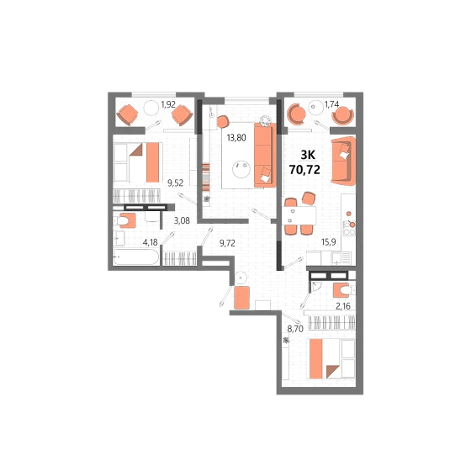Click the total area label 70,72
pos(304,170)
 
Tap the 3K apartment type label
pos(308,155)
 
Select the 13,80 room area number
pos(236,138)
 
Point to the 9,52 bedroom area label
pos(176,183)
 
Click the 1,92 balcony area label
pos(168,104)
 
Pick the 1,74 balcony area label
pos(331,104)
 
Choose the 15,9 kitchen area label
pos(329,242)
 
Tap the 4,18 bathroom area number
pos(151,242)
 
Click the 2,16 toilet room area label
pos(343,306)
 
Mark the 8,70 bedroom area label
pos(295,329)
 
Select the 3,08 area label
pos(182,220)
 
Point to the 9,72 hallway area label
pos(227,243)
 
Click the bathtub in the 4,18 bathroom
pos(136,257)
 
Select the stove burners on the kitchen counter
pos(349,228)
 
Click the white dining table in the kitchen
pos(299,215)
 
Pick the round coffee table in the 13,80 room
pos(241,169)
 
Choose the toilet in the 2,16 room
pos(343,290)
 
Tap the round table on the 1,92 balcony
pos(151,108)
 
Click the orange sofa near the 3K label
pos(343,161)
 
